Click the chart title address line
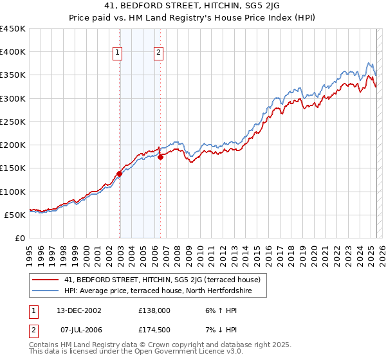click(193, 6)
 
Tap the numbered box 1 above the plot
click(119, 53)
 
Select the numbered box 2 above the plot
click(158, 53)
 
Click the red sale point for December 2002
click(120, 174)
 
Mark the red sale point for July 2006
click(160, 157)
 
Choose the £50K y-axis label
click(15, 215)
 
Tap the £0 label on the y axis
click(19, 238)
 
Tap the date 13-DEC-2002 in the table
click(79, 310)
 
